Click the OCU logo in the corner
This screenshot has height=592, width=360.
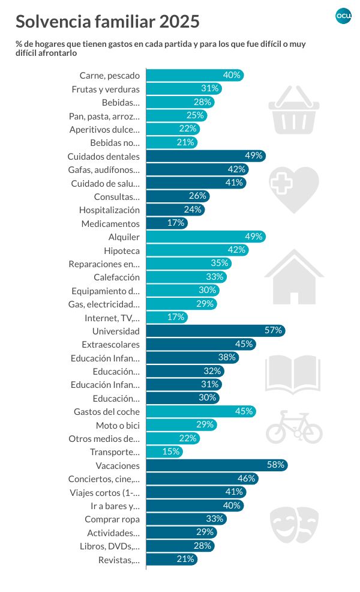pyautogui.click(x=343, y=16)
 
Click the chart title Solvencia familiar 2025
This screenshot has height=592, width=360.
pyautogui.click(x=107, y=22)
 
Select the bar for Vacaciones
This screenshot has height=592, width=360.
pyautogui.click(x=216, y=465)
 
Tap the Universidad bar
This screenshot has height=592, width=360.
pyautogui.click(x=215, y=331)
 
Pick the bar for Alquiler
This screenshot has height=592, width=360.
pyautogui.click(x=205, y=237)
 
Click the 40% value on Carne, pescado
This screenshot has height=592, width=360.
pyautogui.click(x=232, y=75)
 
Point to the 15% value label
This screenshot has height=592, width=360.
pyautogui.click(x=171, y=452)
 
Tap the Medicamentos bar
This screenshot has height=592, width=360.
pyautogui.click(x=166, y=223)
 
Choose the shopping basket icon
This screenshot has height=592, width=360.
pyautogui.click(x=293, y=109)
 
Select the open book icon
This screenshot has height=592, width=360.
pyautogui.click(x=293, y=373)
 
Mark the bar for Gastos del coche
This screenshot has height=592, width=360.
pyautogui.click(x=200, y=411)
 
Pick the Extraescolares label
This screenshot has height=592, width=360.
pyautogui.click(x=110, y=345)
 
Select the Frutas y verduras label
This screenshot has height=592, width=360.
pyautogui.click(x=106, y=89)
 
